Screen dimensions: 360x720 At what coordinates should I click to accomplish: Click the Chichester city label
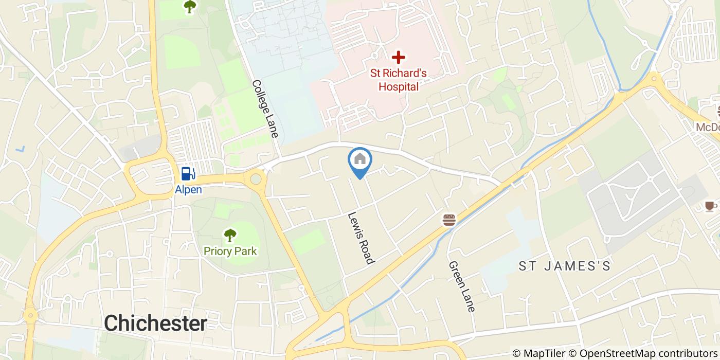click(155, 323)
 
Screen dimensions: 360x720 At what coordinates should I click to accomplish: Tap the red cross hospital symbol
click(398, 58)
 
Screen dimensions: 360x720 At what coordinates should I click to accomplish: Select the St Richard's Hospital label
click(398, 80)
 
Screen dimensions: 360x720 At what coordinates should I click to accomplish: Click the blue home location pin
click(360, 160)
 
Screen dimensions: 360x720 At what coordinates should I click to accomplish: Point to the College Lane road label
click(265, 109)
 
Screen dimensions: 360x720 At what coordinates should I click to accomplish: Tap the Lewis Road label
click(360, 238)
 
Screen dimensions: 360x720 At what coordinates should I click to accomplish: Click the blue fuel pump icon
click(188, 174)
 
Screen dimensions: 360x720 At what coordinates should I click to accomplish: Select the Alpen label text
click(188, 190)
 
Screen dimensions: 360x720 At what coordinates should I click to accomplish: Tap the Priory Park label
click(230, 251)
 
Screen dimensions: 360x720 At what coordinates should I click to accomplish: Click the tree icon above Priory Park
click(230, 236)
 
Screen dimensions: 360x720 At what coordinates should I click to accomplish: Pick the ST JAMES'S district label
click(564, 266)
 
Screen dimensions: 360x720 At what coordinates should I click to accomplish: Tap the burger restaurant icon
click(449, 220)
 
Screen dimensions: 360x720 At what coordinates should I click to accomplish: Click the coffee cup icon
click(710, 206)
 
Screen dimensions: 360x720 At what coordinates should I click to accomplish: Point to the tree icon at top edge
click(190, 6)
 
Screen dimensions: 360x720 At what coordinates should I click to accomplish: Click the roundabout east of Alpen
click(255, 179)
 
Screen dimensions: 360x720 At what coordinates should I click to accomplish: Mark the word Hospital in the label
click(398, 86)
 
